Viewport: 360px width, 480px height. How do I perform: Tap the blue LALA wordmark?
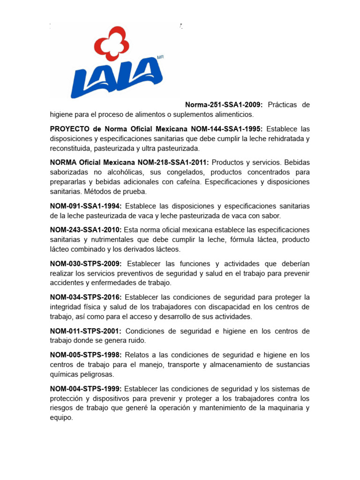point(117,78)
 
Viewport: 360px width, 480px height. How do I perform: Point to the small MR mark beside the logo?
point(160,57)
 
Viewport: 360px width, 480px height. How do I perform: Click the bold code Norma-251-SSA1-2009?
point(224,105)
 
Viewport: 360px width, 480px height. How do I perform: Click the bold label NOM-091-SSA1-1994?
point(86,206)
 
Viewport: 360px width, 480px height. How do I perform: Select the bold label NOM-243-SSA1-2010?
point(86,230)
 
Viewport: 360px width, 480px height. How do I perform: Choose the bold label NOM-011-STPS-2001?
point(86,331)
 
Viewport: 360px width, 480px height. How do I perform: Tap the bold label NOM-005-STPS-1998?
point(86,355)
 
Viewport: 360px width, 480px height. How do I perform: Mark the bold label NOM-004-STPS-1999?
point(86,389)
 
